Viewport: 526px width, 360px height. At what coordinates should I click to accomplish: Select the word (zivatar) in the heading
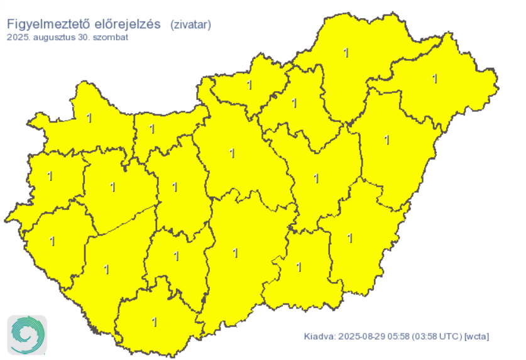[190, 25]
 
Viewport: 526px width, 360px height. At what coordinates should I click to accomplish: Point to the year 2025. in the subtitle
[18, 38]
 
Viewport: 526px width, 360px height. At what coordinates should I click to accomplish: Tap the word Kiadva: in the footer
[319, 337]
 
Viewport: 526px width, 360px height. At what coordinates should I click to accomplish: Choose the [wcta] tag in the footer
[476, 337]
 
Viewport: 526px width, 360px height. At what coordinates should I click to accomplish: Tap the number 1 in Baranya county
[155, 322]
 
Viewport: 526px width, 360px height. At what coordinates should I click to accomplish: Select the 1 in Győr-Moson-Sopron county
[89, 117]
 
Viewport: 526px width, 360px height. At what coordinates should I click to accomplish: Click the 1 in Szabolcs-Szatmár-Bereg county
[435, 79]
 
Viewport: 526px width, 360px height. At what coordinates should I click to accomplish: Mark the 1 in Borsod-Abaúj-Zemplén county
[346, 53]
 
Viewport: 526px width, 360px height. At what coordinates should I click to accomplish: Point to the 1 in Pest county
[233, 153]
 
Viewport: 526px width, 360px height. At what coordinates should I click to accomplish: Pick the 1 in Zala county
[52, 241]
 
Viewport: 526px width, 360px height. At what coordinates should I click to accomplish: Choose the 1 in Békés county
[349, 238]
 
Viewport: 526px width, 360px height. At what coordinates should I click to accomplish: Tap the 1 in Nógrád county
[249, 85]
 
